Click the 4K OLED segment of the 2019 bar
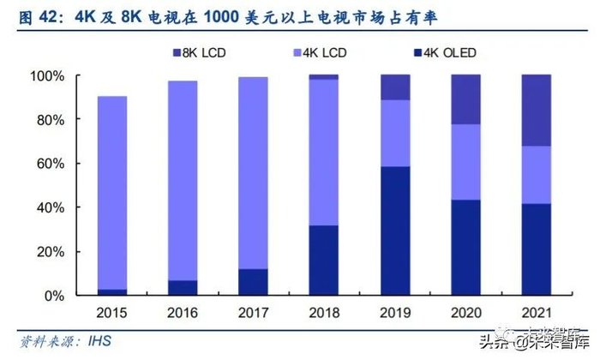(x=395, y=231)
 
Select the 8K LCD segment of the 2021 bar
(x=536, y=110)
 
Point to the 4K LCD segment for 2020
(x=465, y=162)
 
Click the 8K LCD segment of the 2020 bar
(x=465, y=99)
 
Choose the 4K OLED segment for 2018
(x=324, y=260)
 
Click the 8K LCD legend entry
(x=202, y=53)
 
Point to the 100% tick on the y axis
(x=48, y=76)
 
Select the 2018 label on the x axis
(x=324, y=313)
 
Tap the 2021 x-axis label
(x=536, y=313)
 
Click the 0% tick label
(x=54, y=296)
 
